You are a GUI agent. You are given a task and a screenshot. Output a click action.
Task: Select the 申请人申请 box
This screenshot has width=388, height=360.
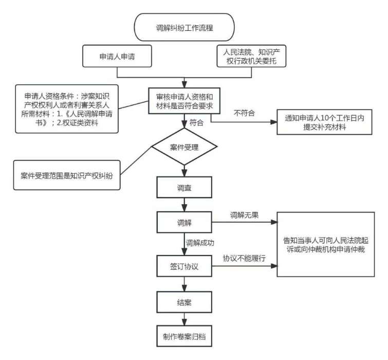tap(117, 56)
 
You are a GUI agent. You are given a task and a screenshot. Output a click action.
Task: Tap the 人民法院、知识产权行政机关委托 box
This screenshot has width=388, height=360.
tap(250, 56)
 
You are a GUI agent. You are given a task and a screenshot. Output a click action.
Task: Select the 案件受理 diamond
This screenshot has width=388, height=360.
tap(184, 148)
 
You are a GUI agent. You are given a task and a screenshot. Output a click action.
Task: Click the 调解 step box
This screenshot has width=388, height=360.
tap(184, 223)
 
